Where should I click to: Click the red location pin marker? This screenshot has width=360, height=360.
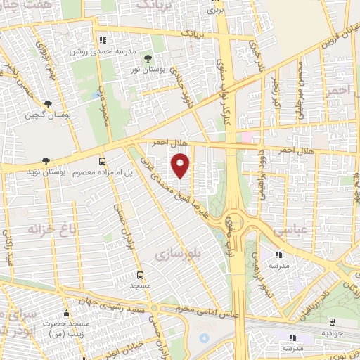181,166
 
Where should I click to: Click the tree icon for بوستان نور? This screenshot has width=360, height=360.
147,58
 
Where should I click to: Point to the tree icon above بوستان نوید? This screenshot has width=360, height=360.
46,161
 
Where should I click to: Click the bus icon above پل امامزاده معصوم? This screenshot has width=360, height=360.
103,161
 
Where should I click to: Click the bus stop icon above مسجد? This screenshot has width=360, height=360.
140,275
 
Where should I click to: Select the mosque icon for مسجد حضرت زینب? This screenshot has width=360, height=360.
67,314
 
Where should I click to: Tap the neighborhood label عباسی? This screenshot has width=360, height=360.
286,229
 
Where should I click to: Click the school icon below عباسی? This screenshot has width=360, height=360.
278,255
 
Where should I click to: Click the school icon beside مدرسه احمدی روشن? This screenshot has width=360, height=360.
103,40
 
